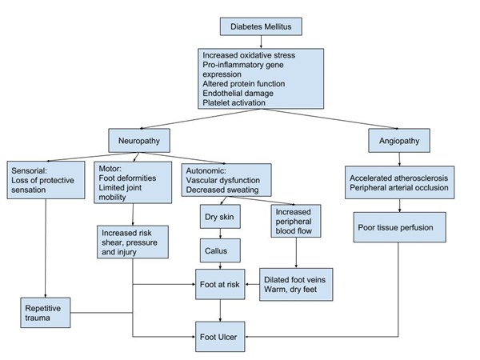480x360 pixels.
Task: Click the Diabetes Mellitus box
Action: (x=261, y=26)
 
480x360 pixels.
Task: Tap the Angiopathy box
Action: (x=398, y=141)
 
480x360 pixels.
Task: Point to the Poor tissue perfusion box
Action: (x=397, y=227)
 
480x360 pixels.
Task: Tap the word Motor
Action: (x=109, y=170)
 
